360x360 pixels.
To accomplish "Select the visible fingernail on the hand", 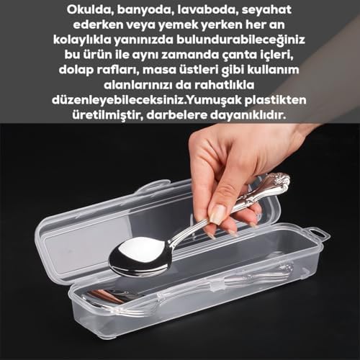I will (x=217, y=214).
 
